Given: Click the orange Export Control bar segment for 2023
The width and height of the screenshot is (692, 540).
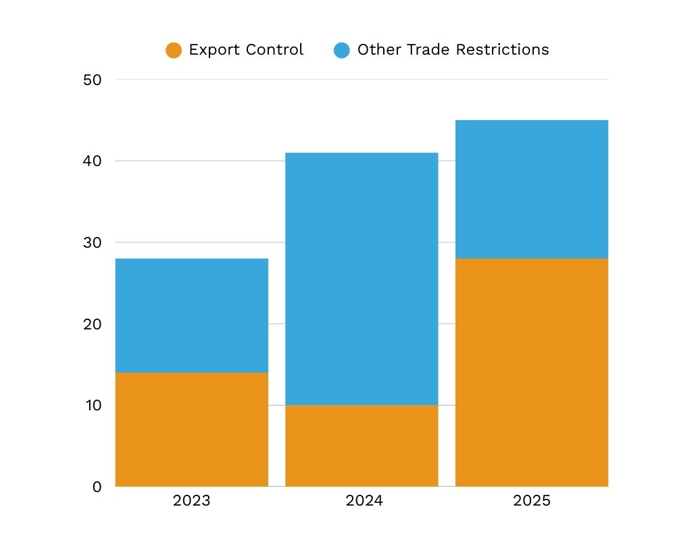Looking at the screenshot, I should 192,429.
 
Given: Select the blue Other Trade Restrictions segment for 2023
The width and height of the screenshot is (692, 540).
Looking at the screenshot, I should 192,315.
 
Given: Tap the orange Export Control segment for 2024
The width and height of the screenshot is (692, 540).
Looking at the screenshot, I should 362,446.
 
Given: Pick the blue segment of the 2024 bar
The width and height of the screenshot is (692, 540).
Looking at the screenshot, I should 362,279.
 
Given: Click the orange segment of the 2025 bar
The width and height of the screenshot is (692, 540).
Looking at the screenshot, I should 532,372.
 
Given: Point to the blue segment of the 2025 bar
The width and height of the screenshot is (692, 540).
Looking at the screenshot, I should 532,189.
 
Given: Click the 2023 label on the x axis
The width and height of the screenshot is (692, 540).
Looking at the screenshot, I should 191,501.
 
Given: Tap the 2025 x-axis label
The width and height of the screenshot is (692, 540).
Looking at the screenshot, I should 532,501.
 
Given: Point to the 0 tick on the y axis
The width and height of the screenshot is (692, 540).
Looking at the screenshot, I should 96,487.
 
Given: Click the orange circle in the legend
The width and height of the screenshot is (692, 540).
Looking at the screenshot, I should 174,50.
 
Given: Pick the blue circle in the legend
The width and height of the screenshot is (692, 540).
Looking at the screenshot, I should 342,50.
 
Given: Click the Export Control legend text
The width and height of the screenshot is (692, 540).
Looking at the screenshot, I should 246,50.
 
